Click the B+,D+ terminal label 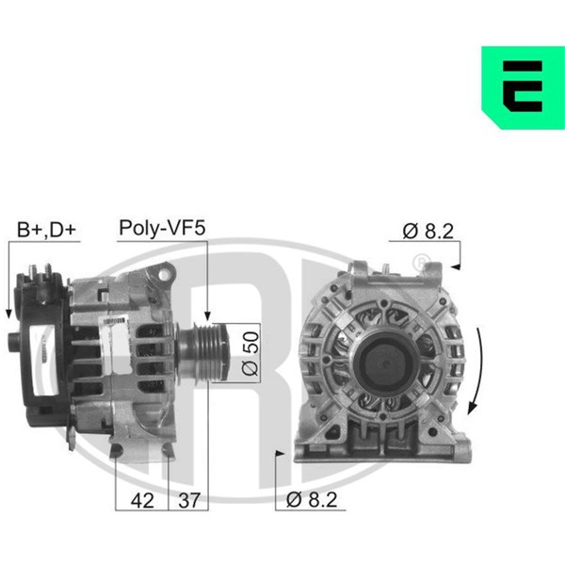click(47, 230)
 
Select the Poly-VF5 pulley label click(162, 228)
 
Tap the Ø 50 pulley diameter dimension click(250, 353)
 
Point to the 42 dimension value click(142, 501)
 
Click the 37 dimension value click(189, 501)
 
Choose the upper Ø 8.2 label click(428, 231)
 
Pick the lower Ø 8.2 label click(312, 500)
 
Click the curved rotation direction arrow click(477, 371)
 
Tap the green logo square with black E click(524, 88)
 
